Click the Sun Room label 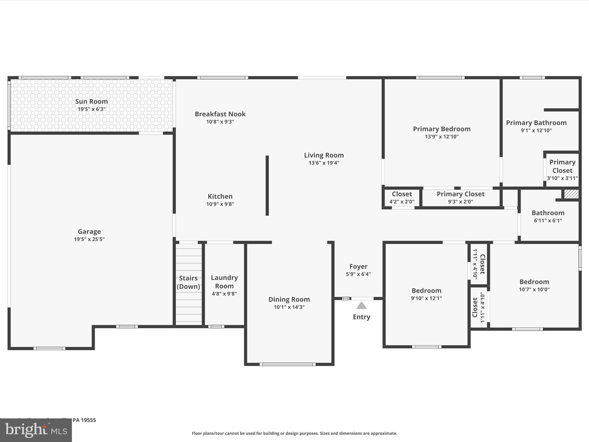click(x=91, y=102)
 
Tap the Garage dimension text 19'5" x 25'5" click(x=89, y=239)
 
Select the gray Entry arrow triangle click(x=362, y=306)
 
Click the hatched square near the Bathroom click(x=571, y=194)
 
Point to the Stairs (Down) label click(x=188, y=282)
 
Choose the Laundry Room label click(x=224, y=282)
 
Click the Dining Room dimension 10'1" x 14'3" click(x=289, y=307)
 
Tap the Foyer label click(x=358, y=266)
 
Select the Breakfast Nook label click(x=220, y=114)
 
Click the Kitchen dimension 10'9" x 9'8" click(x=220, y=204)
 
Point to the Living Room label click(x=324, y=155)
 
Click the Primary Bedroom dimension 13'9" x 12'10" click(x=442, y=137)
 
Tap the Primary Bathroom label click(x=536, y=123)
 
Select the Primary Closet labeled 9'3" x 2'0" click(x=460, y=197)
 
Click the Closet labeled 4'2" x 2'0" click(x=402, y=197)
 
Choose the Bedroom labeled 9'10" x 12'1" click(x=426, y=294)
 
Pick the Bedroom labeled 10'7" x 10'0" click(x=534, y=285)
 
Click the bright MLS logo click(x=36, y=430)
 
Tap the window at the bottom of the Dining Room click(x=288, y=364)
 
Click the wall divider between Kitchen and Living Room click(x=267, y=186)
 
